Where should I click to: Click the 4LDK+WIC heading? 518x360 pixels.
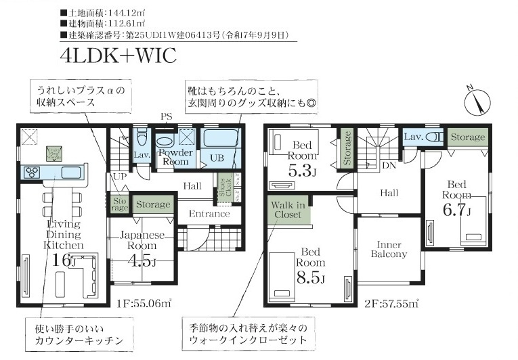(x=118, y=56)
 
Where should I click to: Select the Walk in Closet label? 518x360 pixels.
(x=288, y=209)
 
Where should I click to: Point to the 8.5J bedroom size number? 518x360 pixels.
(x=311, y=277)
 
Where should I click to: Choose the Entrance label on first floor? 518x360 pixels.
(x=209, y=214)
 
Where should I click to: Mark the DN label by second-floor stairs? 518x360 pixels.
(x=390, y=164)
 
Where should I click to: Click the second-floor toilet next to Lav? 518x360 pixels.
(x=436, y=137)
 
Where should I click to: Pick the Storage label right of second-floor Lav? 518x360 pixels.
(x=468, y=137)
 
